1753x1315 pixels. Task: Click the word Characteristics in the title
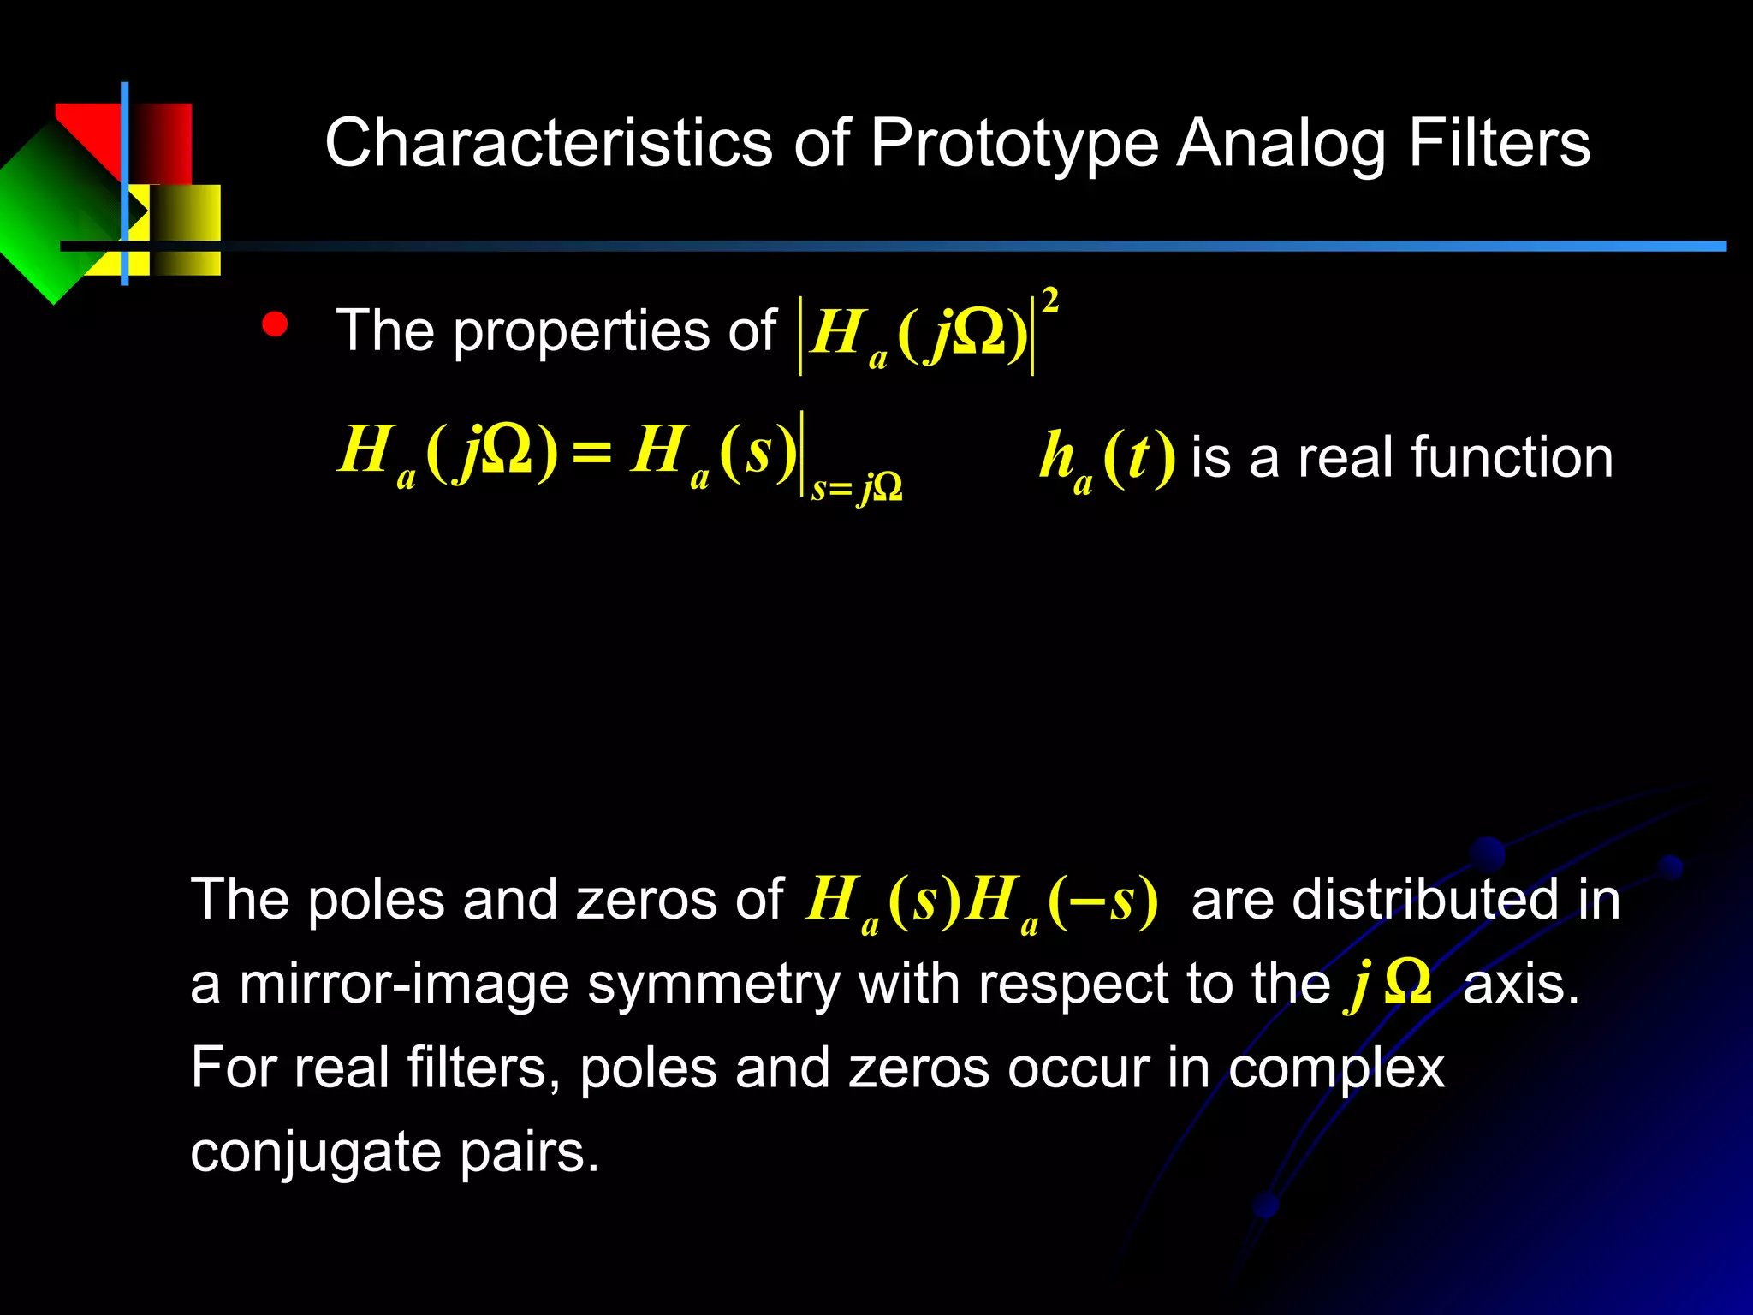(548, 144)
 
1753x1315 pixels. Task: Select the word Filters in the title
(1499, 144)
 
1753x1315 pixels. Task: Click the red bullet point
(275, 325)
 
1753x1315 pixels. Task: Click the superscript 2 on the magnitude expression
(1050, 300)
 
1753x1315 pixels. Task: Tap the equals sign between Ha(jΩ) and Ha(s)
(592, 452)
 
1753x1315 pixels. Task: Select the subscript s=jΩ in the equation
(856, 488)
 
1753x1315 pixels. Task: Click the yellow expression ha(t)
(1106, 459)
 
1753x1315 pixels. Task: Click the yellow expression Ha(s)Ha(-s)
(982, 901)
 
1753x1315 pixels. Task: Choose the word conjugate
(316, 1152)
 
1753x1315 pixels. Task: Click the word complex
(1336, 1068)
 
